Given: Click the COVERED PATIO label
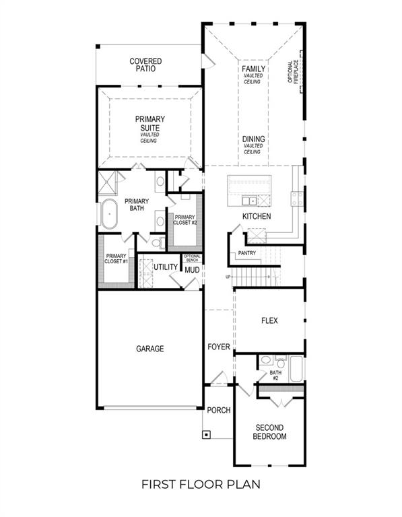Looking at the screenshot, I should [145, 65].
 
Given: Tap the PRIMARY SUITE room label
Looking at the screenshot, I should [149, 123].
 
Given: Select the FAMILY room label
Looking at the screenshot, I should [253, 69].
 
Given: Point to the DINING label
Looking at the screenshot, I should [253, 139].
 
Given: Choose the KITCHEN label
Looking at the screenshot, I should [257, 216].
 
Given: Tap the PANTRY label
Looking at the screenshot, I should [246, 253].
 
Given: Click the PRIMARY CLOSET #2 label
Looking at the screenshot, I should [184, 220].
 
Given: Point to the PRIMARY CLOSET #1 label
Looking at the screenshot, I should [116, 258].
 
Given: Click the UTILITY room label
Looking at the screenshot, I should [165, 267].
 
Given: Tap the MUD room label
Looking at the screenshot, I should [192, 270].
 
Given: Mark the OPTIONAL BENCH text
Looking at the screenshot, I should [192, 258].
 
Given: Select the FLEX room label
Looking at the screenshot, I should [269, 321].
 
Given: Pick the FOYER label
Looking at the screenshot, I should [218, 347].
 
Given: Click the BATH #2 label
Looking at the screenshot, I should [275, 375].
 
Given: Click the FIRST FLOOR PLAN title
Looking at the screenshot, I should [200, 484].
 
